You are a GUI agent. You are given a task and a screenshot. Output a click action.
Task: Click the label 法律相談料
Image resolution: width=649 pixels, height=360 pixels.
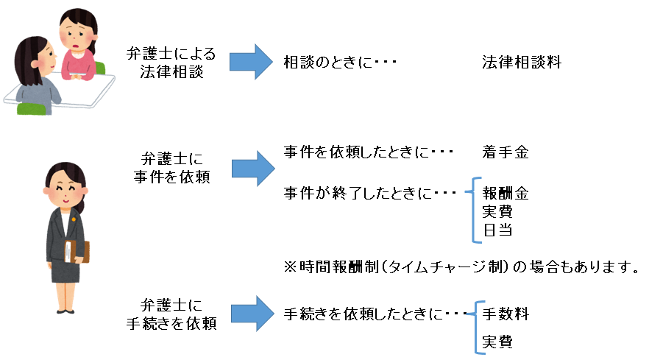[521, 63]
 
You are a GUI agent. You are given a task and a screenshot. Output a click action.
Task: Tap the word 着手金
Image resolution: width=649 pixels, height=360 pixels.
[506, 152]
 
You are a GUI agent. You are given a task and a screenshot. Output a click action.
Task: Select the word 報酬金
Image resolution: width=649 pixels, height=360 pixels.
[506, 194]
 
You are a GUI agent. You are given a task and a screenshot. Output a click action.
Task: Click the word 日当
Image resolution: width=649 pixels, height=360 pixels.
[497, 230]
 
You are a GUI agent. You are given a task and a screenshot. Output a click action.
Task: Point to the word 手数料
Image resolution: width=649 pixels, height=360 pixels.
[506, 314]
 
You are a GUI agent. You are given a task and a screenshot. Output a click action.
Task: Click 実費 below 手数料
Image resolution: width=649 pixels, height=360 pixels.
[497, 342]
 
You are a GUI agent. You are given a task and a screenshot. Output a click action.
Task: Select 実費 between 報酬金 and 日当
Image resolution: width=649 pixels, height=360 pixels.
[497, 212]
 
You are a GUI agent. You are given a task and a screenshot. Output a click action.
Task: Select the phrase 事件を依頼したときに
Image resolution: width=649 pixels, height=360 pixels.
[367, 152]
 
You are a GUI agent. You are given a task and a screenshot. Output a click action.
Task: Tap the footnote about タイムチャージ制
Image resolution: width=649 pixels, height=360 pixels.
[461, 266]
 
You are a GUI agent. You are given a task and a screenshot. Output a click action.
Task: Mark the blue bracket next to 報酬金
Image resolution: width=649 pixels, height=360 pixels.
[474, 211]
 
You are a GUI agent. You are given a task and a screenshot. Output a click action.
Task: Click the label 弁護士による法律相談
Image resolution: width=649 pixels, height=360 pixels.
[171, 63]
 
